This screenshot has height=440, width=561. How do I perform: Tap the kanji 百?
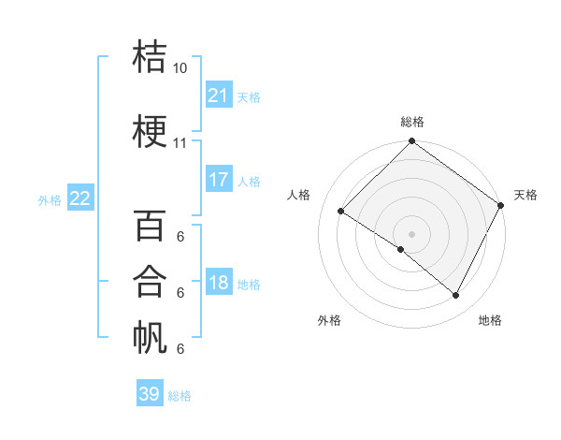[151, 225]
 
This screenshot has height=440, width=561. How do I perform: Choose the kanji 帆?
[151, 337]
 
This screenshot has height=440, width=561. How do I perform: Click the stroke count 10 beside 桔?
[180, 68]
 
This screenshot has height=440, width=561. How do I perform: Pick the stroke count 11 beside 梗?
[180, 143]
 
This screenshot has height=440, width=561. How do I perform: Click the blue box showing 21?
[219, 95]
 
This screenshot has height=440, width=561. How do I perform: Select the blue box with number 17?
[219, 180]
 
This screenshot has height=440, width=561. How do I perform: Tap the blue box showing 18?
[219, 283]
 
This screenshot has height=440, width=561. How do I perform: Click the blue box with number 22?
[80, 198]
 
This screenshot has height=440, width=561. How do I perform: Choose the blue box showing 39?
[150, 394]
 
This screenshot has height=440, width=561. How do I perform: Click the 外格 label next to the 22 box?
[49, 199]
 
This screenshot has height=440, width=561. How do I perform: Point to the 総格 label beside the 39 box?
[180, 396]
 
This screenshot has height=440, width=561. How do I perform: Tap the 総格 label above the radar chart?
[412, 122]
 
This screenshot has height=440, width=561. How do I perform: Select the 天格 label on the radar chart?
[525, 195]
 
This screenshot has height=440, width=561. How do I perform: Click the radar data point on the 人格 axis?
[341, 211]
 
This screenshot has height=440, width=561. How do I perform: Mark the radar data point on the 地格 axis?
[456, 296]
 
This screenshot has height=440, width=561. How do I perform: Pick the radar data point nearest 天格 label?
[500, 204]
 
